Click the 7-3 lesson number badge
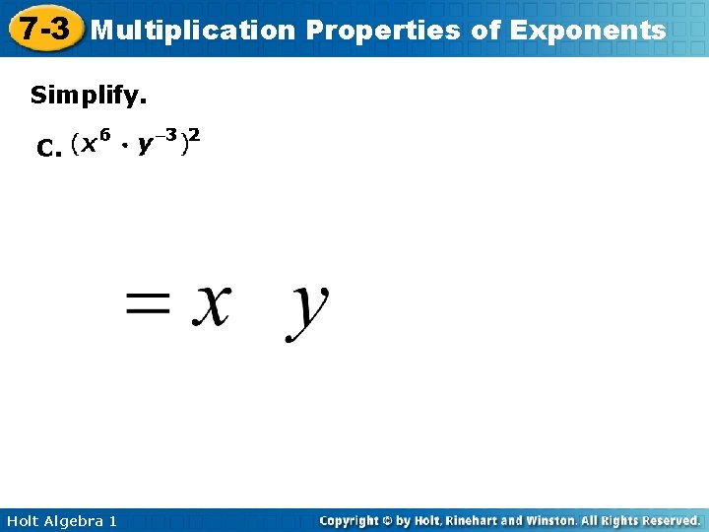click(43, 30)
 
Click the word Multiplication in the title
click(193, 31)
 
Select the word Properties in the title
click(383, 31)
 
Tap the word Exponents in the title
click(587, 31)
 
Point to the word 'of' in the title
click(486, 31)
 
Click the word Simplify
click(89, 96)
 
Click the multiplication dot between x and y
click(126, 148)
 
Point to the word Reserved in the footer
click(667, 520)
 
